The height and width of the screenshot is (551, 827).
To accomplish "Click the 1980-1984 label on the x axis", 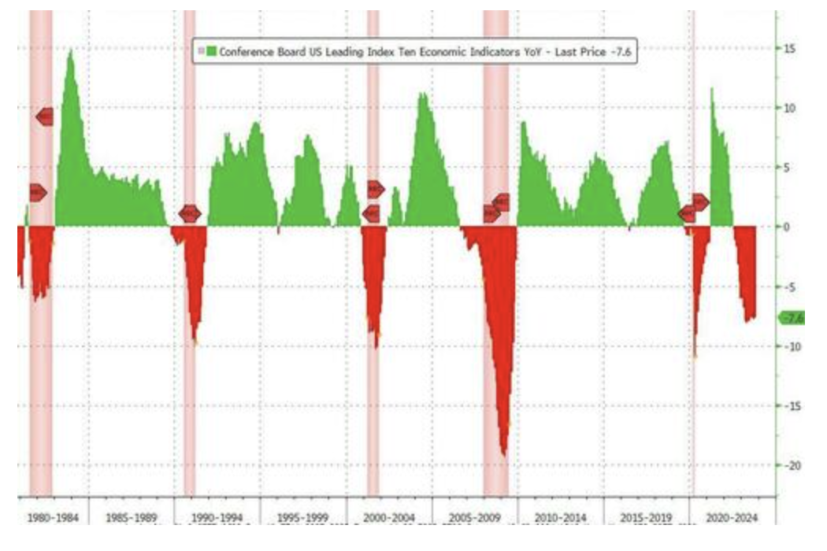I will (53, 518).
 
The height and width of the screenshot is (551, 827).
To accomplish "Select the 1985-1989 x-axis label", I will (131, 518).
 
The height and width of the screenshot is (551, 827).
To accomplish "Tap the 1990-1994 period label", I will (216, 518).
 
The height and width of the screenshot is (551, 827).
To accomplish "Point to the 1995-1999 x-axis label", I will (302, 518).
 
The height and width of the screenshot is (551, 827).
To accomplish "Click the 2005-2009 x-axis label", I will (475, 518).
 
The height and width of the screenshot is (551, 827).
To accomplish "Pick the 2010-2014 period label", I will (560, 518).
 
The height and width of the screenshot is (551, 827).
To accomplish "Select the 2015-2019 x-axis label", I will (646, 518).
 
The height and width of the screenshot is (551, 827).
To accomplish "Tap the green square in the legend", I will (211, 52).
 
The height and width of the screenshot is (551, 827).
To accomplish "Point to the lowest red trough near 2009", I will (504, 454).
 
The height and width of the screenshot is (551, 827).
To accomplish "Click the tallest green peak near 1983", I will (71, 50).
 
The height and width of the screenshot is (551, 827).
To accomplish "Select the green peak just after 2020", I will (712, 88).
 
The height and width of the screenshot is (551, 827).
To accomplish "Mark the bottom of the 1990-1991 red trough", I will (195, 342).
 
